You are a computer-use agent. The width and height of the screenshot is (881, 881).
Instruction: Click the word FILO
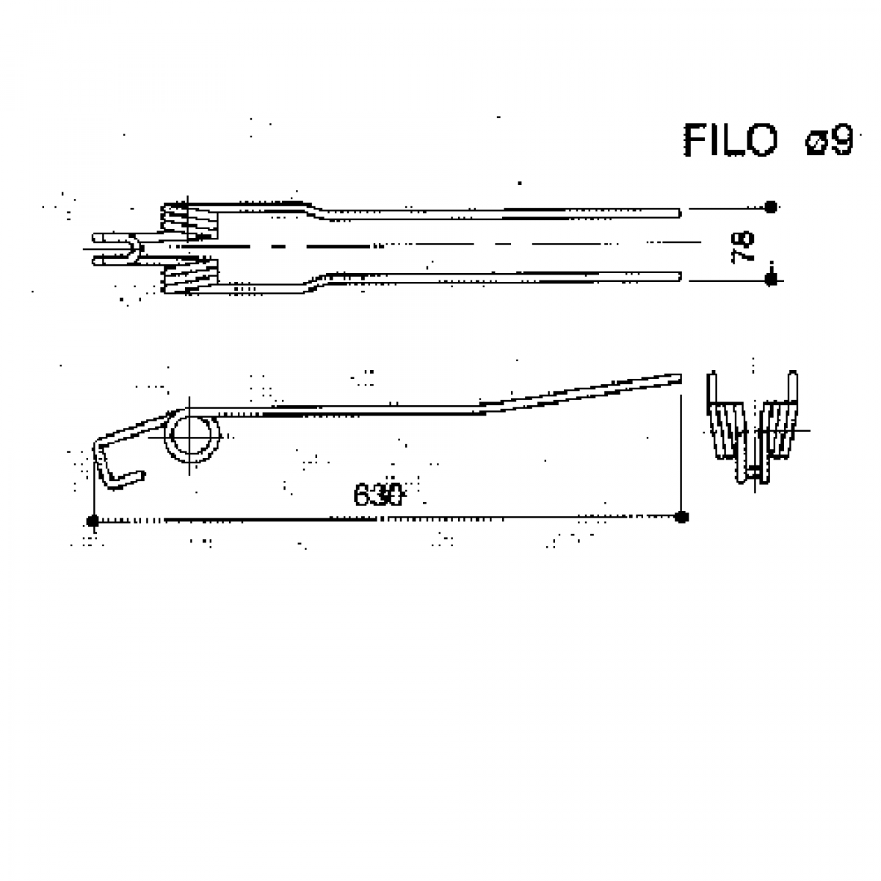coord(730,140)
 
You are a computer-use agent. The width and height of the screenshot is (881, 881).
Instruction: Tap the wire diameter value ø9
coord(830,140)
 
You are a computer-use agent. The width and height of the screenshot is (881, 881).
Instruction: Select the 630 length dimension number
coord(378,494)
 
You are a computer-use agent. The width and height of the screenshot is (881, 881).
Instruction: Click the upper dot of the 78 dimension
coord(771,207)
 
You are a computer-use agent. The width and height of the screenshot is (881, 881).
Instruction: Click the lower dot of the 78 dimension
coord(771,279)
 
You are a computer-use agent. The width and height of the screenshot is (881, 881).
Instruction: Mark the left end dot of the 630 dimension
coord(93,521)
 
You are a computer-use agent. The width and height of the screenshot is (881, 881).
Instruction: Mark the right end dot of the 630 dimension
coord(681,517)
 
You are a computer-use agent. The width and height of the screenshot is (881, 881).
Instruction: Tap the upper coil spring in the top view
coord(189,221)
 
